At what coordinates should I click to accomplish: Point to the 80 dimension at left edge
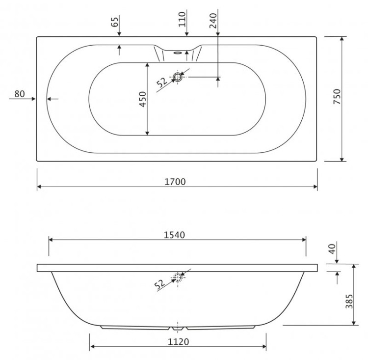[20, 94]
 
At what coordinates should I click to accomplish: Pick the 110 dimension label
[182, 20]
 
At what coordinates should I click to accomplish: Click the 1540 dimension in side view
[174, 235]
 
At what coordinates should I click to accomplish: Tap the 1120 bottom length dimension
[177, 341]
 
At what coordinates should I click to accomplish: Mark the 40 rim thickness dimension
[333, 249]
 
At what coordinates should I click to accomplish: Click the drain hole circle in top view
[178, 77]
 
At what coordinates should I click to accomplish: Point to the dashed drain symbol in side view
[178, 277]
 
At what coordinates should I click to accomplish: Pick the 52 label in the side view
[159, 283]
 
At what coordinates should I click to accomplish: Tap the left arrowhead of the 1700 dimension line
[39, 187]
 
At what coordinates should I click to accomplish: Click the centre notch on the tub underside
[178, 327]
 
